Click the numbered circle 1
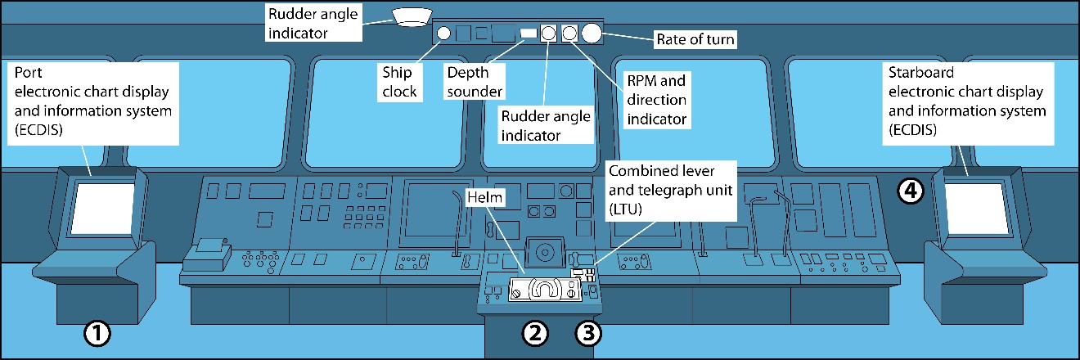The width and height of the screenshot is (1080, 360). click(x=97, y=333)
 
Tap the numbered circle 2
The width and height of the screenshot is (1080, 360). click(x=534, y=333)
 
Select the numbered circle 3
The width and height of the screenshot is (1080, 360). click(x=588, y=333)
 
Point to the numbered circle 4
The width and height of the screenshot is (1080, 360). click(x=911, y=191)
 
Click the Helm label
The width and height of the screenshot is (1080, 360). click(x=484, y=197)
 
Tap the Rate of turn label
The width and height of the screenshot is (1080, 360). click(x=696, y=38)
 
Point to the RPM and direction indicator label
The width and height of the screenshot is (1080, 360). click(x=655, y=99)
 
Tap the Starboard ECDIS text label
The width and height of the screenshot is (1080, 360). click(x=967, y=102)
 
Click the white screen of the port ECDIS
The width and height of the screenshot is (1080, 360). click(x=102, y=209)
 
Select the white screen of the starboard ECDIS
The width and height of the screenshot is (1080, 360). click(x=974, y=208)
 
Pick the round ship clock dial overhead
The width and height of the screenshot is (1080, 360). click(x=444, y=34)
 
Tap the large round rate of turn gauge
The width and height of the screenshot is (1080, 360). click(x=591, y=33)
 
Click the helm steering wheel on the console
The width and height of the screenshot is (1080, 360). click(x=544, y=288)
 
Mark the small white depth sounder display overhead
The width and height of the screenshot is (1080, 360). click(x=529, y=33)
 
